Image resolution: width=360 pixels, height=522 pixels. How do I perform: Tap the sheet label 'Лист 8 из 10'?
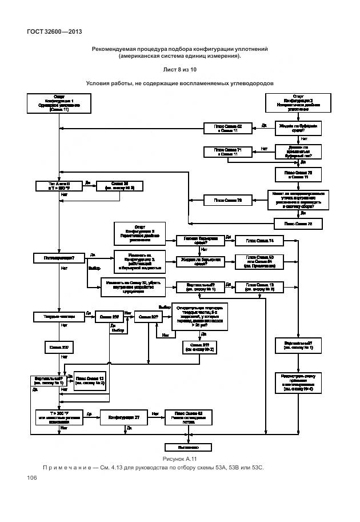[179, 69]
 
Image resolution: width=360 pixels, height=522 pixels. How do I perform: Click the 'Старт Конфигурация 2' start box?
[298, 103]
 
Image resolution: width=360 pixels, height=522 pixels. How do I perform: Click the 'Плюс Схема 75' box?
[298, 223]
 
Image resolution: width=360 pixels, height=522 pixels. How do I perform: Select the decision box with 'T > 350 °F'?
[59, 186]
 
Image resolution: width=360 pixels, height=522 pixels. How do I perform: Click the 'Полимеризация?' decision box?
[59, 258]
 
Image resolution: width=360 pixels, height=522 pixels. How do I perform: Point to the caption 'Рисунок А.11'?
[179, 459]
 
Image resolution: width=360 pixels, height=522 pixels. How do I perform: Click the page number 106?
[31, 478]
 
